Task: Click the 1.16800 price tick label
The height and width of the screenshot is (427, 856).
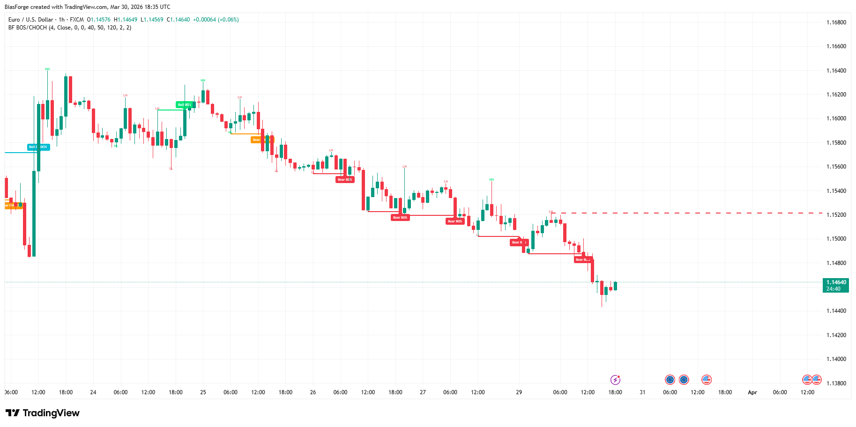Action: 836,22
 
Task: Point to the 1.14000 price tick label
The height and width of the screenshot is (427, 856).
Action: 836,359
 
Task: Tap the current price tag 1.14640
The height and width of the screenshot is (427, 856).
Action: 836,282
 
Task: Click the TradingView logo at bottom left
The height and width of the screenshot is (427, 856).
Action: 43,413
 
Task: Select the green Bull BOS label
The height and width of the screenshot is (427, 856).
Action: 185,105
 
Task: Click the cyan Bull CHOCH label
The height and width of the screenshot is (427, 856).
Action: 38,147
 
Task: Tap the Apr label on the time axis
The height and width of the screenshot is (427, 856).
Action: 752,392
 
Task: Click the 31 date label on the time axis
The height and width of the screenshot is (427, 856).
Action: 642,392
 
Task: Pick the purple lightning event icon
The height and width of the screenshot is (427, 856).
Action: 615,380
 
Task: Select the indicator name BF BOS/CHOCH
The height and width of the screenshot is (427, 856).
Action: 28,28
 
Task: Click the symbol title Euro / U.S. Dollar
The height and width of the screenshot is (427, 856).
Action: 31,20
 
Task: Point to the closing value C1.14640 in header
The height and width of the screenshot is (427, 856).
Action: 179,20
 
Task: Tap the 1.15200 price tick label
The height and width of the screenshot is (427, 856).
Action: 836,215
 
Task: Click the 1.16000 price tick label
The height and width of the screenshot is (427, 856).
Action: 836,118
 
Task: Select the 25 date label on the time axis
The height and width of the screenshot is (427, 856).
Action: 203,392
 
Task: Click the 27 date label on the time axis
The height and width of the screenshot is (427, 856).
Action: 423,392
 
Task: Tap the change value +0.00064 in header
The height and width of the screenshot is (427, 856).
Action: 204,20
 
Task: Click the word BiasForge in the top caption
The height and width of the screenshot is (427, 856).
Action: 16,7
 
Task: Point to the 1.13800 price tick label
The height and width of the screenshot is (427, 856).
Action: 836,383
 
